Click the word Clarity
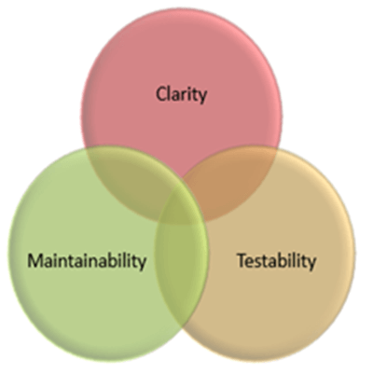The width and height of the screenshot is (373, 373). point(181,94)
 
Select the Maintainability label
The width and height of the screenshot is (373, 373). point(87,260)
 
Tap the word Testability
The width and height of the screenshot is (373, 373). point(276,260)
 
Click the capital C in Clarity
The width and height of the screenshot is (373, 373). point(161,94)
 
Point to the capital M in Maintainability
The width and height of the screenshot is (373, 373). point(35,260)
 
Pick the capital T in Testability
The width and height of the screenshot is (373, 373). point(242,260)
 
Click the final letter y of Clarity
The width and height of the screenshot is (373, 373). point(202,97)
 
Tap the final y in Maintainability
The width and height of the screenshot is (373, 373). point(142,264)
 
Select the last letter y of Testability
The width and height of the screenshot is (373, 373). point(311,264)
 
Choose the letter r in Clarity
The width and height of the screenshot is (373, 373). point(186,96)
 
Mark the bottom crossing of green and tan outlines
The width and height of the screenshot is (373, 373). point(182,329)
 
